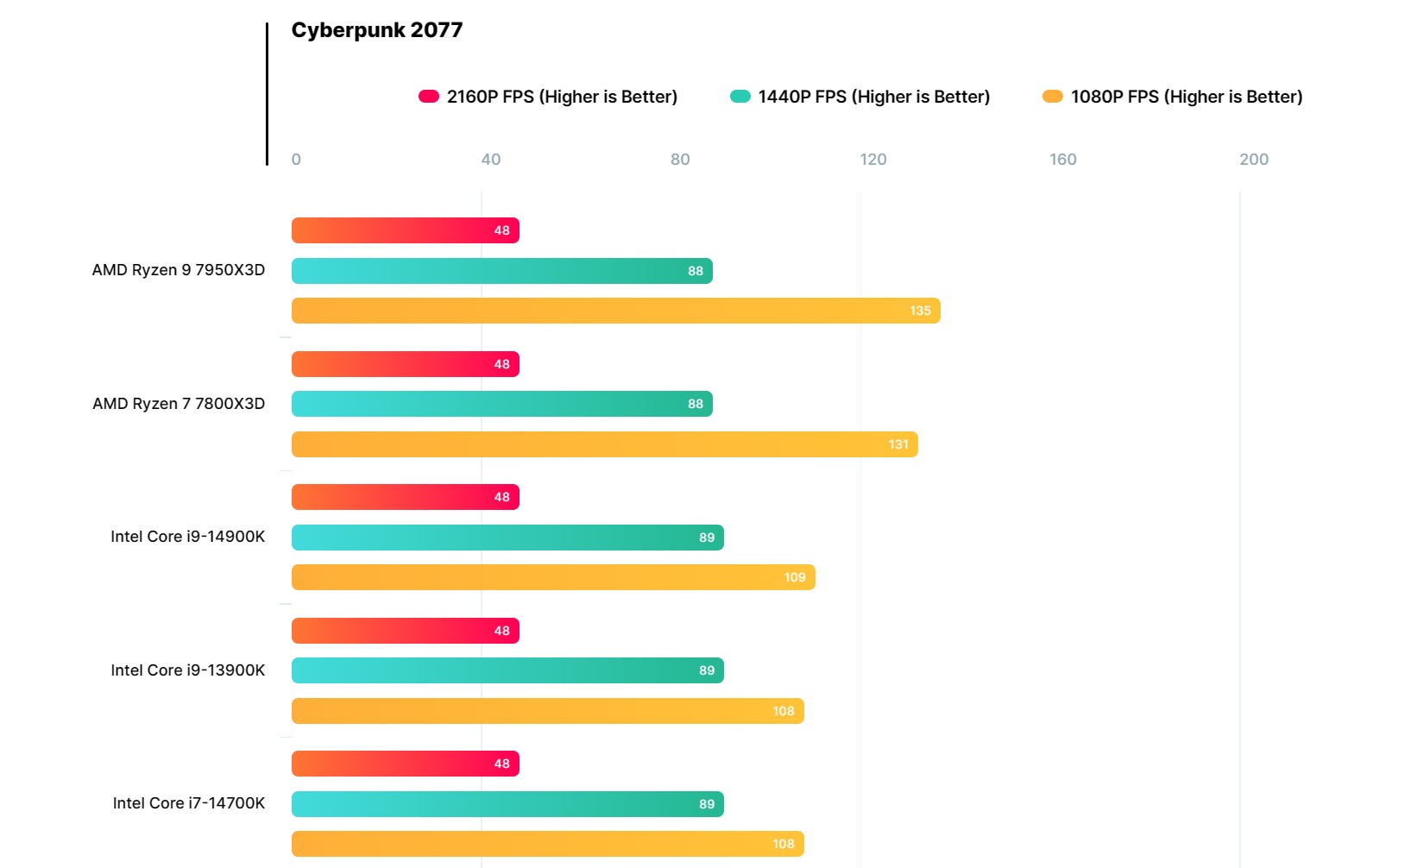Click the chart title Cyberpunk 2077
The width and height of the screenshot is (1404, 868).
pos(377,30)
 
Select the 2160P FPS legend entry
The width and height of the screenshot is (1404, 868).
pos(548,97)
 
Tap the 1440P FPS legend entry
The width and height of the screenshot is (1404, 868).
pos(860,97)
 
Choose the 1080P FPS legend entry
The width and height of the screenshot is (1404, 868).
pos(1173,97)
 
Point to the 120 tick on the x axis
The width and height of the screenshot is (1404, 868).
pos(872,159)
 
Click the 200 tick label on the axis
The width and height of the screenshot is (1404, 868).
pos(1253,159)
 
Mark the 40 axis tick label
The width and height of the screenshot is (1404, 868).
pos(490,159)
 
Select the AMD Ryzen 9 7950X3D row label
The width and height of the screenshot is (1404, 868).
pos(179,270)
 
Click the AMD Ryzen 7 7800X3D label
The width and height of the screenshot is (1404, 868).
pos(179,404)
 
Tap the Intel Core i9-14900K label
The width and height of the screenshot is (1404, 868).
pos(187,537)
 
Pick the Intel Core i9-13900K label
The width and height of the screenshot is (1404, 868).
pos(187,670)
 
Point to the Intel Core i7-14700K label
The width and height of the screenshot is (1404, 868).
pos(188,803)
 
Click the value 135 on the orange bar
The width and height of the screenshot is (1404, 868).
pos(920,311)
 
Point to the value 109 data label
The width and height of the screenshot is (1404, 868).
pos(795,577)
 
